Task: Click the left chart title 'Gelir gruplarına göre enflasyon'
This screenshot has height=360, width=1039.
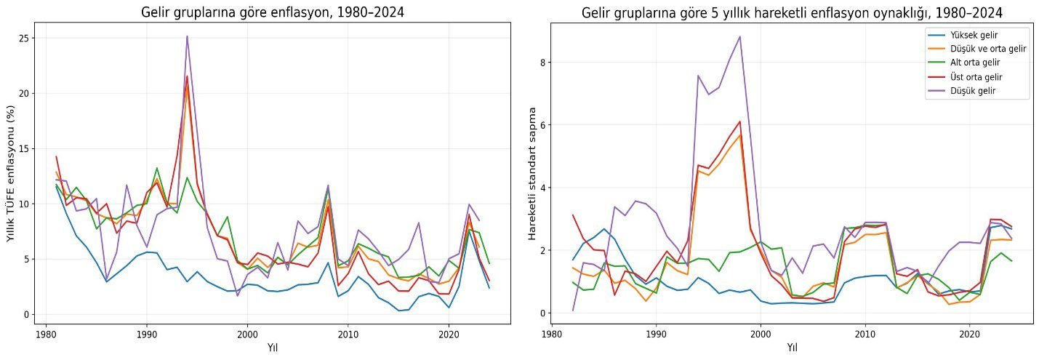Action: (x=273, y=12)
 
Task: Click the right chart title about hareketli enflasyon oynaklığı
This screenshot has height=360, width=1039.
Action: (x=792, y=13)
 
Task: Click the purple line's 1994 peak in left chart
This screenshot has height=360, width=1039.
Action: (x=187, y=36)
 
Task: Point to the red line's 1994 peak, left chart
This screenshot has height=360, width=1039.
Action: (x=187, y=76)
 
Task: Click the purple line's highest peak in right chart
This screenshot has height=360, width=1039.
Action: (x=740, y=36)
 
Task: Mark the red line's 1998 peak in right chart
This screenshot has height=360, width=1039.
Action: (x=740, y=121)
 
